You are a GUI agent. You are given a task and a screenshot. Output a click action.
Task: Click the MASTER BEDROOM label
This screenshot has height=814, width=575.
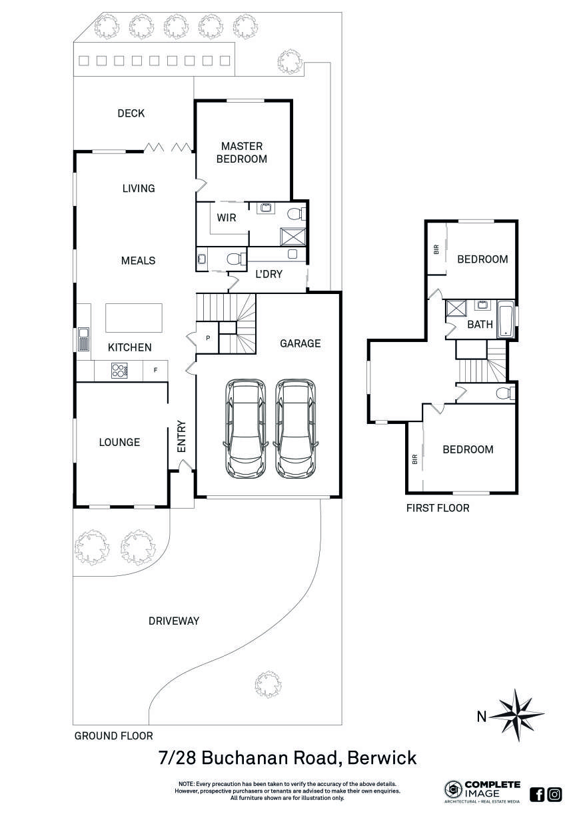242,153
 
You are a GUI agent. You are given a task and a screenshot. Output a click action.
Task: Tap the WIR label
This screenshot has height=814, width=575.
227,218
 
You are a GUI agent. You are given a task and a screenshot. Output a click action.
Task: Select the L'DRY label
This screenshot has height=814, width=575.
269,274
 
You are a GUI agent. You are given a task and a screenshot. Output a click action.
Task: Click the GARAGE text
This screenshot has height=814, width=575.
300,343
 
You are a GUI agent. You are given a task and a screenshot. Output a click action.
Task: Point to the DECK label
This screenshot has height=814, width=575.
131,113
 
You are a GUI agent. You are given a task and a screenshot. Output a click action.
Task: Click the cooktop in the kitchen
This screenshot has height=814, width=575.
119,371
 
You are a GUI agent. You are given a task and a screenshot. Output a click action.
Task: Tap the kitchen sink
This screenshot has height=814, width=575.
83,339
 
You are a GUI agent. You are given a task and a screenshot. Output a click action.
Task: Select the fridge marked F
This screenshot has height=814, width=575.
155,370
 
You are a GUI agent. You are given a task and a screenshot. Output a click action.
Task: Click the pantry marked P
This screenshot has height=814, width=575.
207,338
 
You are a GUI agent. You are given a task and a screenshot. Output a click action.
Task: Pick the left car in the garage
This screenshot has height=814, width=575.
246,429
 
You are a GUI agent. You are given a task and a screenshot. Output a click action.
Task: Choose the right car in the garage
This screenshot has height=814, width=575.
296,429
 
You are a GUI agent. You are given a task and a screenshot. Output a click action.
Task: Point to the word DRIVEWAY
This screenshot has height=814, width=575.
174,621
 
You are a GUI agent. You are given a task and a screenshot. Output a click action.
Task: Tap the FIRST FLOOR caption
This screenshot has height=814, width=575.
438,508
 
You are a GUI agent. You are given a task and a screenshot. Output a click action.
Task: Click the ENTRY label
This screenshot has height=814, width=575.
181,437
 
